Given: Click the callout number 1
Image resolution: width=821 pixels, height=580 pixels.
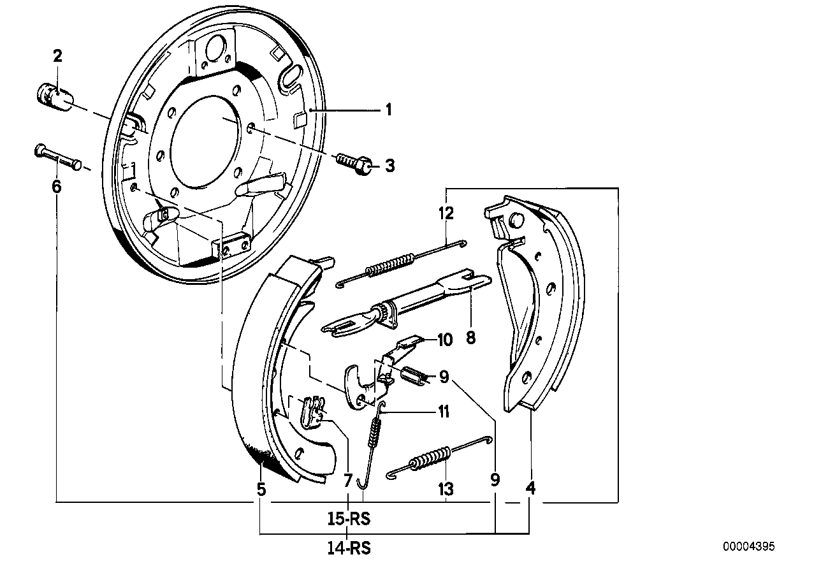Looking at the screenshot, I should coord(387,110).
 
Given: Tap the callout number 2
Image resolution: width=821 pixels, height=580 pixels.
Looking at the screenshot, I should coord(57,56).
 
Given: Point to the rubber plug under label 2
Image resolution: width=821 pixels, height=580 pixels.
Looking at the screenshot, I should coord(54,97).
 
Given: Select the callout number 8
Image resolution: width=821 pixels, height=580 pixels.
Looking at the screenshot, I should coord(471,337).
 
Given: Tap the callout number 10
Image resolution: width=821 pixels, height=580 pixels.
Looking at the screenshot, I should coord(444,340).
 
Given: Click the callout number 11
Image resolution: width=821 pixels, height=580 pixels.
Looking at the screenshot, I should coord(443,412).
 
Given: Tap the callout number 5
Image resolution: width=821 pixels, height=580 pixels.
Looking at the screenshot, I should coord(261,490).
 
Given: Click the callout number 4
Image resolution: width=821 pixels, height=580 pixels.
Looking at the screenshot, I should coord(530,490).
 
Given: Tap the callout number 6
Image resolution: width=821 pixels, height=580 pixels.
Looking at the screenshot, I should coord(57,187).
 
